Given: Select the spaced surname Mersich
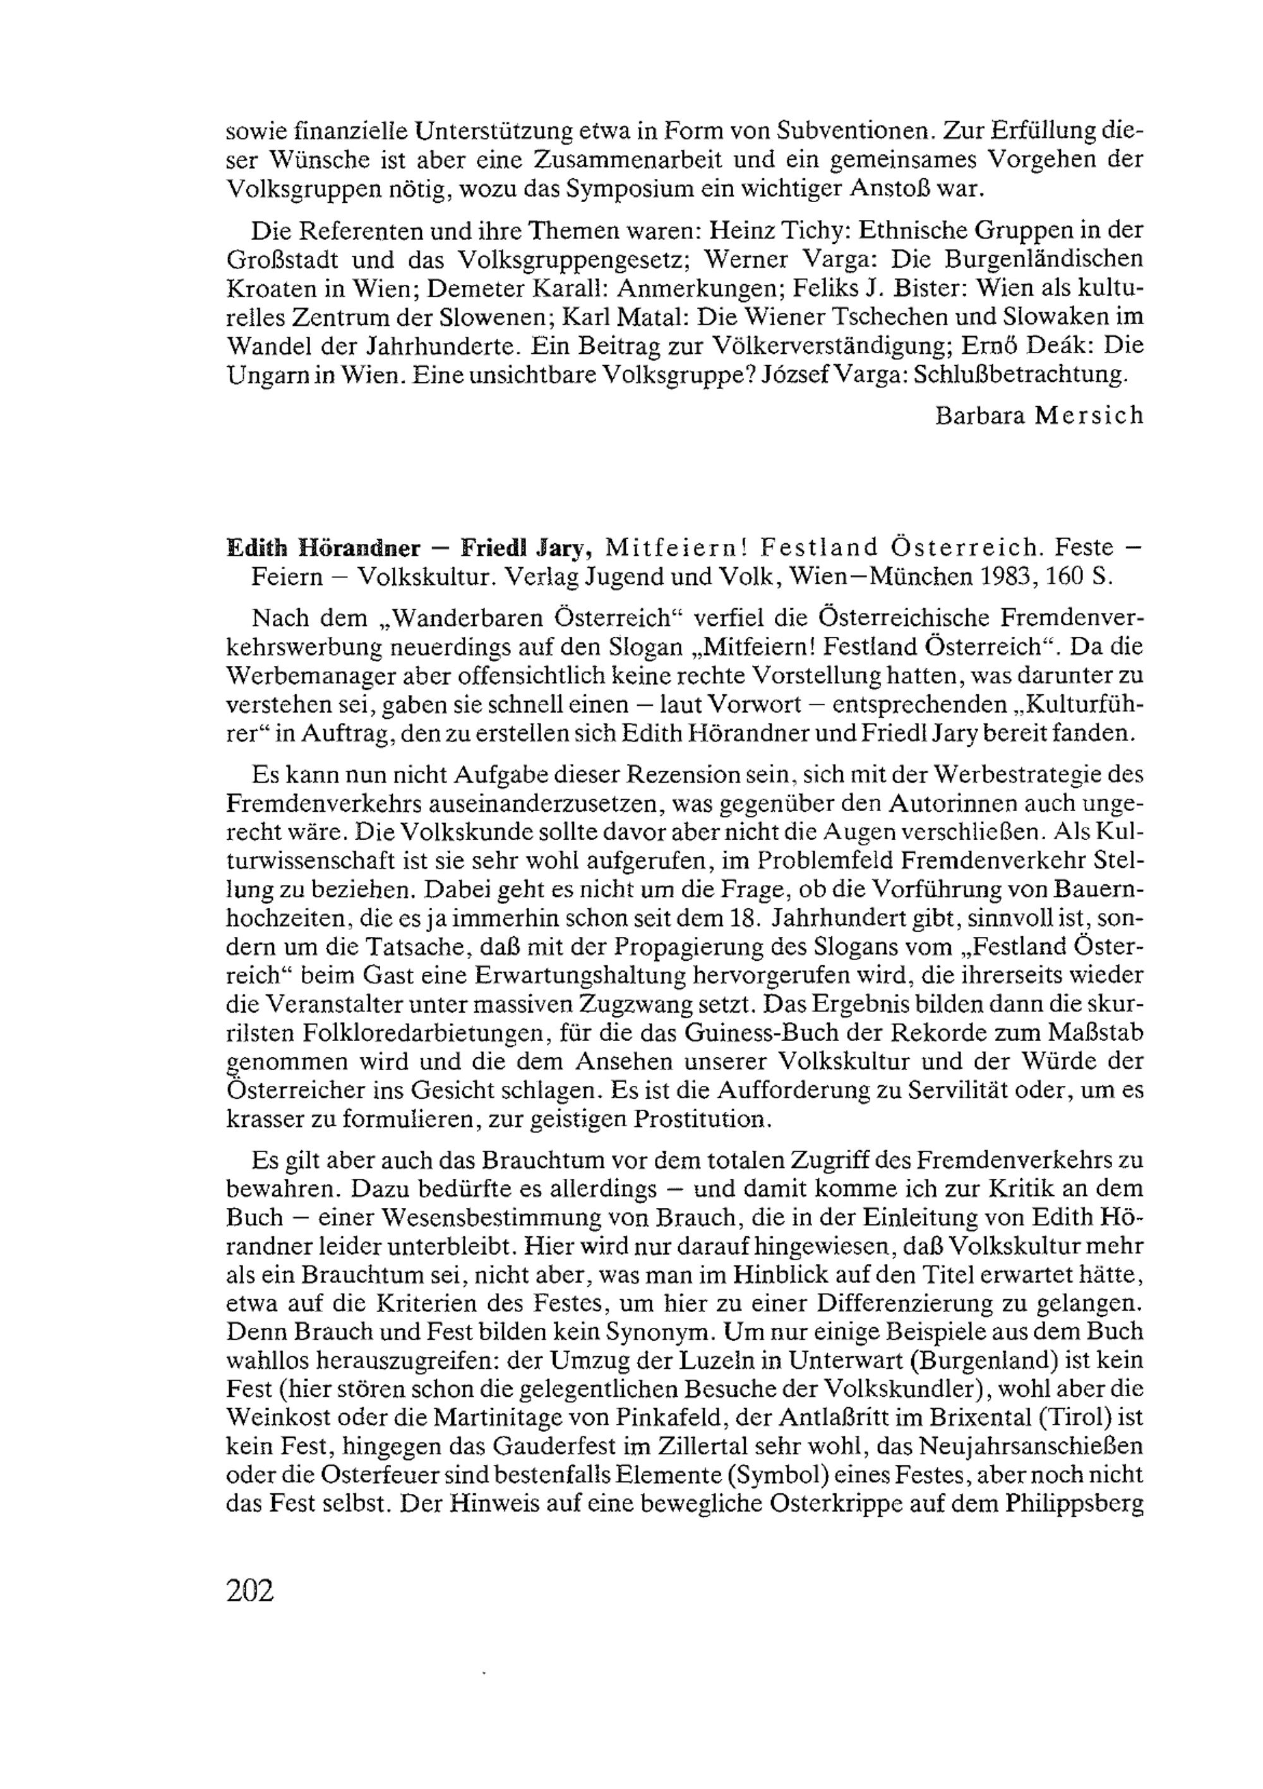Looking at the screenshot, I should pos(1089,415).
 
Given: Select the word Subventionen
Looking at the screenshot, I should pos(836,130).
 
